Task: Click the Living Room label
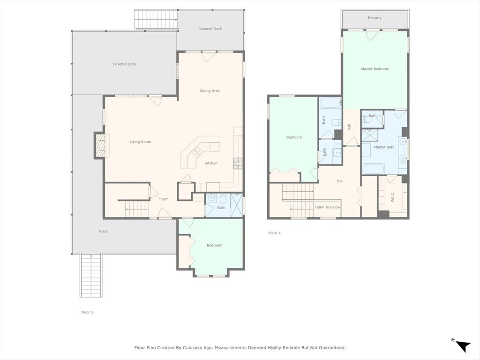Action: (140, 142)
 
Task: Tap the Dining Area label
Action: (210, 90)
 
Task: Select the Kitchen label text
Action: (211, 163)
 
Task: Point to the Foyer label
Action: (163, 199)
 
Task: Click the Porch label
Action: (103, 231)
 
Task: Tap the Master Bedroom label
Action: (375, 69)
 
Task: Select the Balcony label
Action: (375, 18)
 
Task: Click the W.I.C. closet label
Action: (392, 197)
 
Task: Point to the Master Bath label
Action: (384, 147)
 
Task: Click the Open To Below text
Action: (328, 207)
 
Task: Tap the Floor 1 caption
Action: (87, 312)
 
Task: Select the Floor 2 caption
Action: (275, 233)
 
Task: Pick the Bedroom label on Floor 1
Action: (214, 245)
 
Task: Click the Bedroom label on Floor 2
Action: (294, 137)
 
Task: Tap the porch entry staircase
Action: (91, 276)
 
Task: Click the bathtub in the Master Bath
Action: (371, 169)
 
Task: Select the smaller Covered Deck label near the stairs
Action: (210, 29)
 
